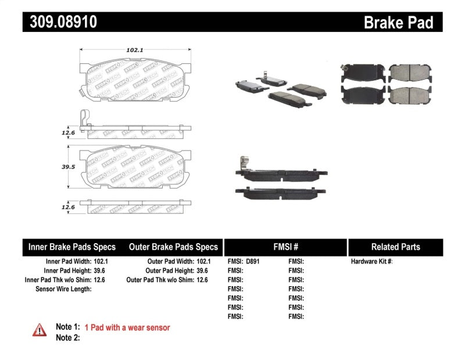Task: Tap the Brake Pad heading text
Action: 398,23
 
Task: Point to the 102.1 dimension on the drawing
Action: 134,51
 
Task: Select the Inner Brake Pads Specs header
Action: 72,247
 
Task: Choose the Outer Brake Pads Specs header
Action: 173,247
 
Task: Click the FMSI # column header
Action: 285,247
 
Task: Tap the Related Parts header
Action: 395,247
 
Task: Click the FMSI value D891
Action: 253,262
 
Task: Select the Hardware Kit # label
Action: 371,262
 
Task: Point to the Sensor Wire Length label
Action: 64,289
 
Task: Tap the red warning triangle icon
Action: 39,329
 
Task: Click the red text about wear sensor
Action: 127,327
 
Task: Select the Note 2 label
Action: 67,338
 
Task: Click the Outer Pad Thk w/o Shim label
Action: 159,280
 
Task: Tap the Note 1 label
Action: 67,327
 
